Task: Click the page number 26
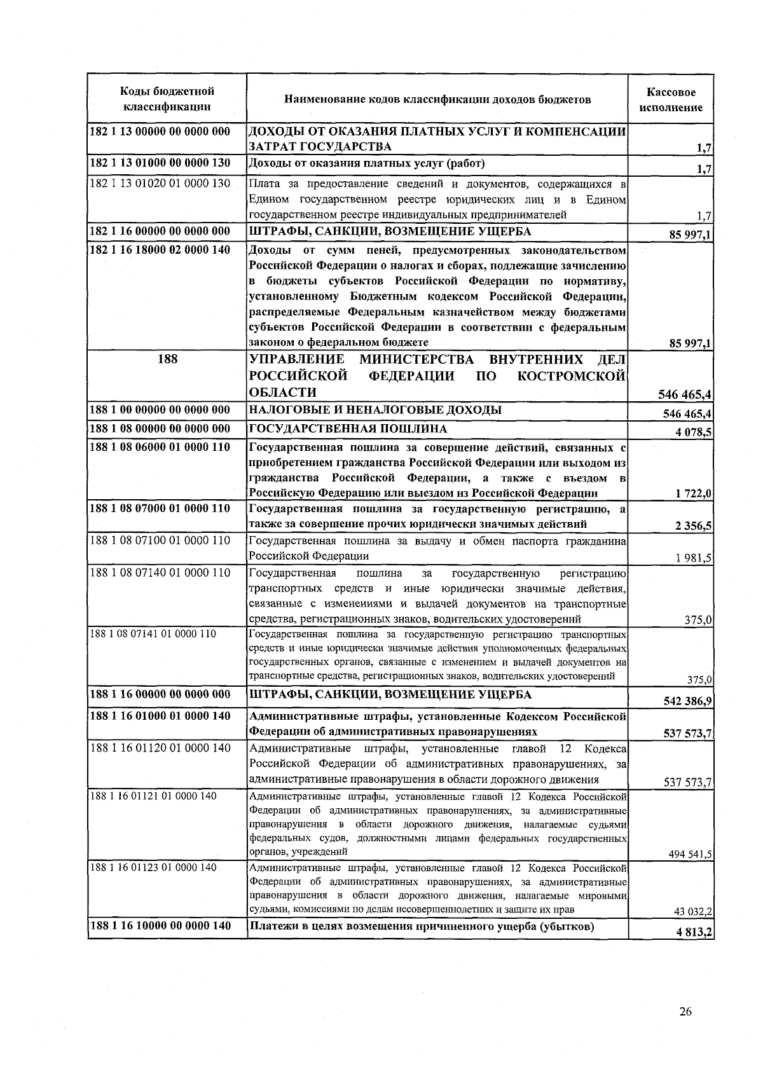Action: tap(685, 1012)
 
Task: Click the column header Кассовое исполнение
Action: tap(671, 100)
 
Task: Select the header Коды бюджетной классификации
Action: tap(167, 99)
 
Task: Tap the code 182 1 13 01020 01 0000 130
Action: tap(160, 184)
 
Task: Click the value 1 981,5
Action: tap(694, 558)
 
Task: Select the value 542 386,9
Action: tap(688, 701)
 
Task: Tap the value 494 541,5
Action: tap(690, 855)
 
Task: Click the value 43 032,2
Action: tap(692, 911)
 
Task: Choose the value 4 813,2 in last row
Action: tap(694, 932)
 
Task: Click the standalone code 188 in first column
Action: tap(167, 359)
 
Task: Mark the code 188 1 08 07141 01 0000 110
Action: tap(153, 634)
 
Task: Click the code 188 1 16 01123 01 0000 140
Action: tap(153, 867)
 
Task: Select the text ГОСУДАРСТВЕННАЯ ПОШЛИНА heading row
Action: tap(348, 429)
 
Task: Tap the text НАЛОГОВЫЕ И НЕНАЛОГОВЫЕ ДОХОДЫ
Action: tap(375, 410)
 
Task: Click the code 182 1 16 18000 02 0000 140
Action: tap(160, 250)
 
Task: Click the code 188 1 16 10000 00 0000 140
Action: tap(160, 926)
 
